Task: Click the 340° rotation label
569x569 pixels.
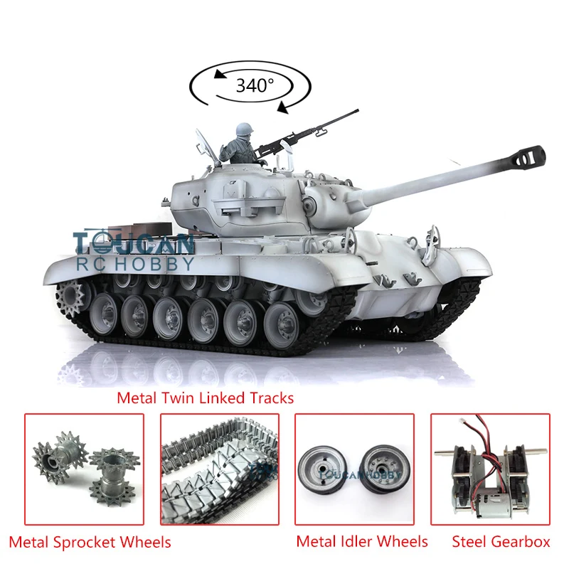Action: pyautogui.click(x=255, y=85)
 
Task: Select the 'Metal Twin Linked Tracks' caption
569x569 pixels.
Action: pyautogui.click(x=205, y=398)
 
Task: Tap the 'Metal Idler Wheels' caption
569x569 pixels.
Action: pyautogui.click(x=362, y=542)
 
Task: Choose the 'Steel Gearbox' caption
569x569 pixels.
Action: pyautogui.click(x=501, y=542)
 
